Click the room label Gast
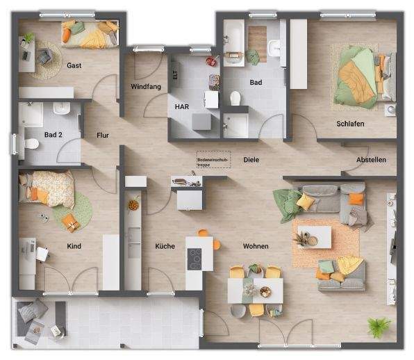tap(74, 65)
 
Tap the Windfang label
tap(145, 87)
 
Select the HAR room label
tap(181, 106)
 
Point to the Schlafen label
tap(350, 124)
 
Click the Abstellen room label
tap(371, 160)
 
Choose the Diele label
tap(251, 160)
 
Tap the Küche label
tap(165, 246)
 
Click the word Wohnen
tap(256, 246)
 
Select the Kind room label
tap(74, 246)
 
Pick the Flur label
tap(103, 136)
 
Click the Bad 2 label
tap(53, 135)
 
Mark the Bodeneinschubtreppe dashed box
tap(212, 161)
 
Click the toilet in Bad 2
tap(31, 145)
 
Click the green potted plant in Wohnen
tap(379, 327)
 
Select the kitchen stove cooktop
tap(195, 259)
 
